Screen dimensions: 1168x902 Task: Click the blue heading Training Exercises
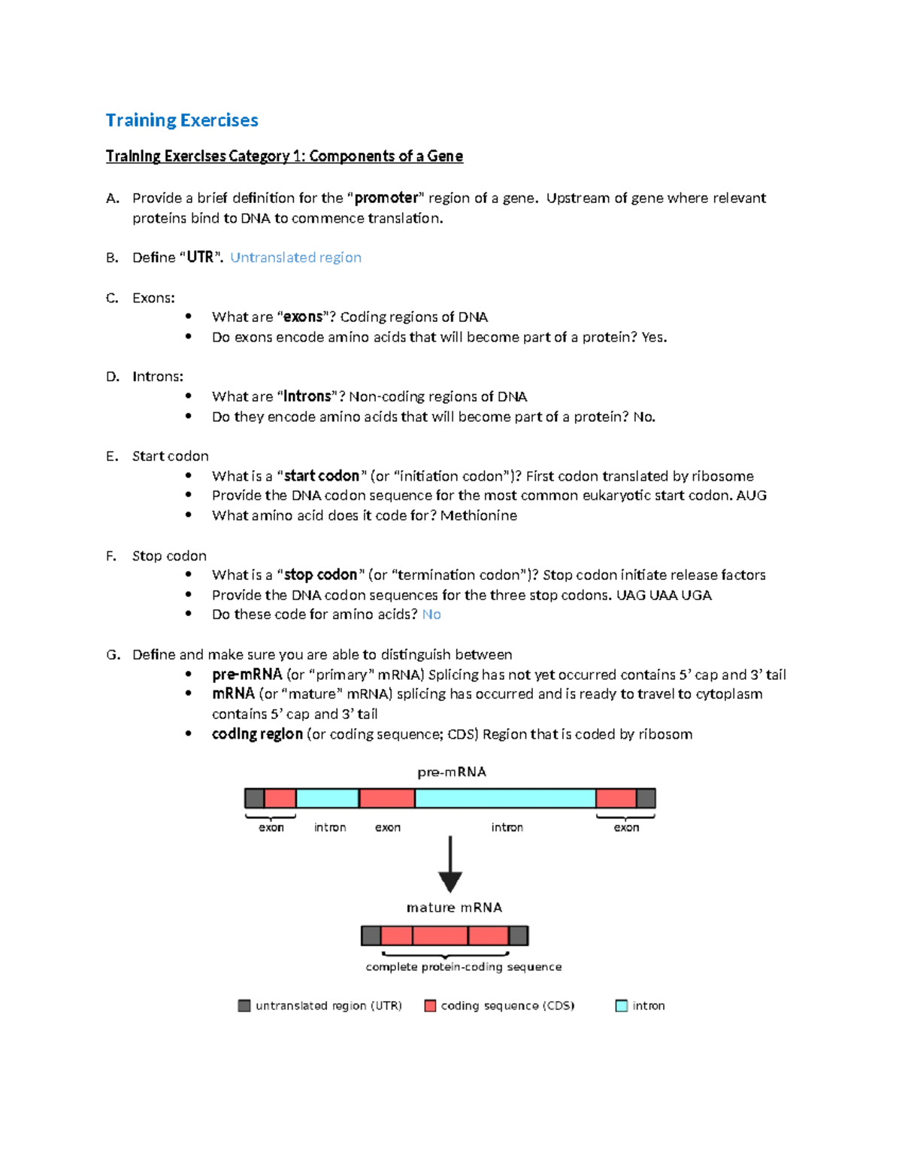pyautogui.click(x=182, y=120)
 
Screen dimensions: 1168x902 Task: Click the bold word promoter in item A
pyautogui.click(x=386, y=198)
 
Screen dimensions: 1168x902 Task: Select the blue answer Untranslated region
pyautogui.click(x=295, y=257)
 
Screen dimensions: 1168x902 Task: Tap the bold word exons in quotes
pyautogui.click(x=303, y=317)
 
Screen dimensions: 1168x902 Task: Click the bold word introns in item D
pyautogui.click(x=307, y=396)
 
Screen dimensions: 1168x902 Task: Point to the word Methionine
pyautogui.click(x=479, y=515)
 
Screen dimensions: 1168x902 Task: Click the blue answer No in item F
pyautogui.click(x=431, y=614)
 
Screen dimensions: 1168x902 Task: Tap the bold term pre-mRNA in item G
pyautogui.click(x=247, y=675)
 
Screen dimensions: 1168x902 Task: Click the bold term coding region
pyautogui.click(x=257, y=734)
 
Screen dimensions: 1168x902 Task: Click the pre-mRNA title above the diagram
pyautogui.click(x=452, y=772)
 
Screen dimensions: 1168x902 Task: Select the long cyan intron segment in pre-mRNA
pyautogui.click(x=505, y=798)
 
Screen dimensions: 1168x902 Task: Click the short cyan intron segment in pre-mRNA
pyautogui.click(x=327, y=798)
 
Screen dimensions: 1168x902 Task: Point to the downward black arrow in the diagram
pyautogui.click(x=450, y=865)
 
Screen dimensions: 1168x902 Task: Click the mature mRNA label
pyautogui.click(x=454, y=908)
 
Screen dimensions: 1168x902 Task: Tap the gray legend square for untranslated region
pyautogui.click(x=244, y=1006)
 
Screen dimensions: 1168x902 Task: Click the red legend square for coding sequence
pyautogui.click(x=431, y=1006)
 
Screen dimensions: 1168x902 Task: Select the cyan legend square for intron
pyautogui.click(x=622, y=1006)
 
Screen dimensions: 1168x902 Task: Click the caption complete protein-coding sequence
pyautogui.click(x=463, y=967)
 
